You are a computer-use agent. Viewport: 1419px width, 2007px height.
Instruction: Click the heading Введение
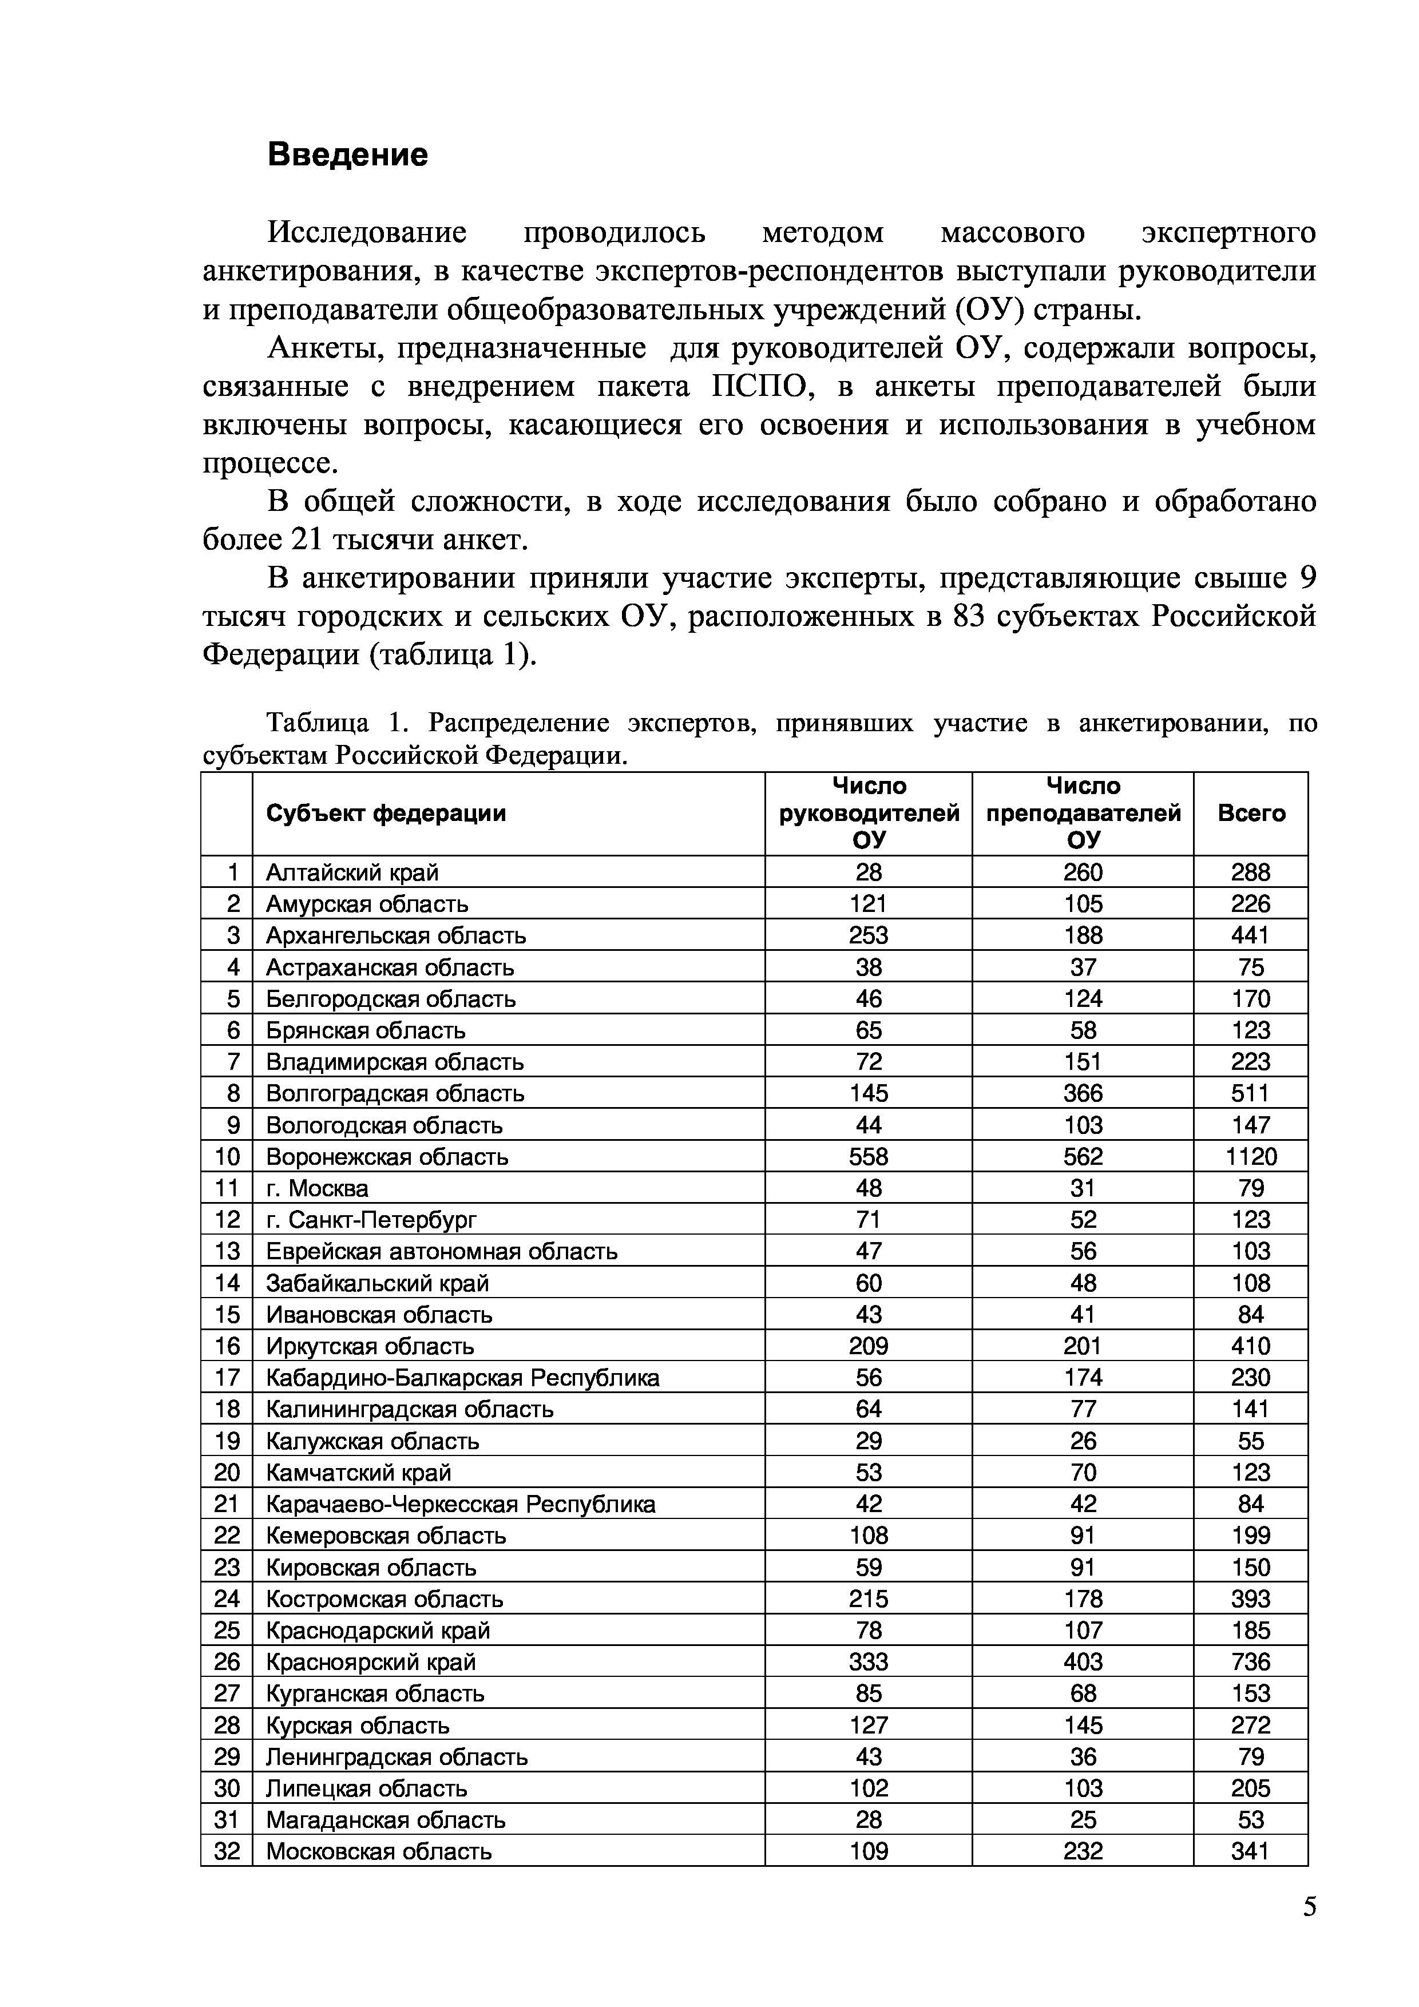tap(347, 154)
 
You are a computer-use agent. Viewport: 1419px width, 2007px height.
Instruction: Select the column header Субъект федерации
tap(386, 813)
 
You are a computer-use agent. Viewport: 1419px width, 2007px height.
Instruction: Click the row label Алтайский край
tap(352, 871)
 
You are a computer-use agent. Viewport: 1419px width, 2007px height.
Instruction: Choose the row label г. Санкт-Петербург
tap(371, 1219)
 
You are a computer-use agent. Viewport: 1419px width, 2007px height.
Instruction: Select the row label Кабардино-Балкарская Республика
tap(462, 1378)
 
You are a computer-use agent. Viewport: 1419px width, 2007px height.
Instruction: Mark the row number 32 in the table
tap(227, 1851)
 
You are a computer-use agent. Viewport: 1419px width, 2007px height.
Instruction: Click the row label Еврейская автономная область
tap(442, 1251)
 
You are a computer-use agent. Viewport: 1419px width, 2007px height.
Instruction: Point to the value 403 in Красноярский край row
tap(1083, 1661)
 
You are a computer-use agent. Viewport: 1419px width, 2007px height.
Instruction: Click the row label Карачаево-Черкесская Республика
tap(460, 1504)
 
